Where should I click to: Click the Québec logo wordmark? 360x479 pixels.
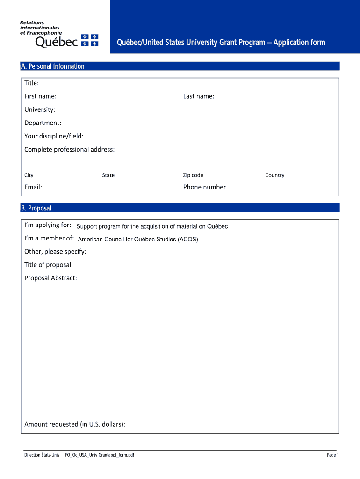(57, 42)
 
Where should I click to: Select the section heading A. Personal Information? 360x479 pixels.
(52, 66)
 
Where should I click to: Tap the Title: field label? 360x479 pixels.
(32, 83)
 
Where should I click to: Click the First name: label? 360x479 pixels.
(41, 96)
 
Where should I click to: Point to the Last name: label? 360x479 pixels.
(199, 96)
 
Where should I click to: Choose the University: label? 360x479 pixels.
(40, 109)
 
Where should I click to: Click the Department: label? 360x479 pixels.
(43, 123)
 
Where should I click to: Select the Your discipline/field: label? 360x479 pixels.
(54, 136)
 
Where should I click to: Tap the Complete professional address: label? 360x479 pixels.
(69, 149)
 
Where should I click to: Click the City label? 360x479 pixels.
(29, 175)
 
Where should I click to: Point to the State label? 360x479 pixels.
(108, 175)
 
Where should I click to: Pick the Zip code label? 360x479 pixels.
(193, 175)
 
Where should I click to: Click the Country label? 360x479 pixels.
(274, 175)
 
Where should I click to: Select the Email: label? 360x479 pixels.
(33, 187)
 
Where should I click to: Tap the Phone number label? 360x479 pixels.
(204, 187)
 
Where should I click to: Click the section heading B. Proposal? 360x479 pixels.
(36, 208)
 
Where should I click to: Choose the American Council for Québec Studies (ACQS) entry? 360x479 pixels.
(138, 239)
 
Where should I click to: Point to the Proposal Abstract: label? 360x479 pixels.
(50, 278)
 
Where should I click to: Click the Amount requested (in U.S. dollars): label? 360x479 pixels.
(75, 424)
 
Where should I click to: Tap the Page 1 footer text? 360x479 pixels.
(333, 455)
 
